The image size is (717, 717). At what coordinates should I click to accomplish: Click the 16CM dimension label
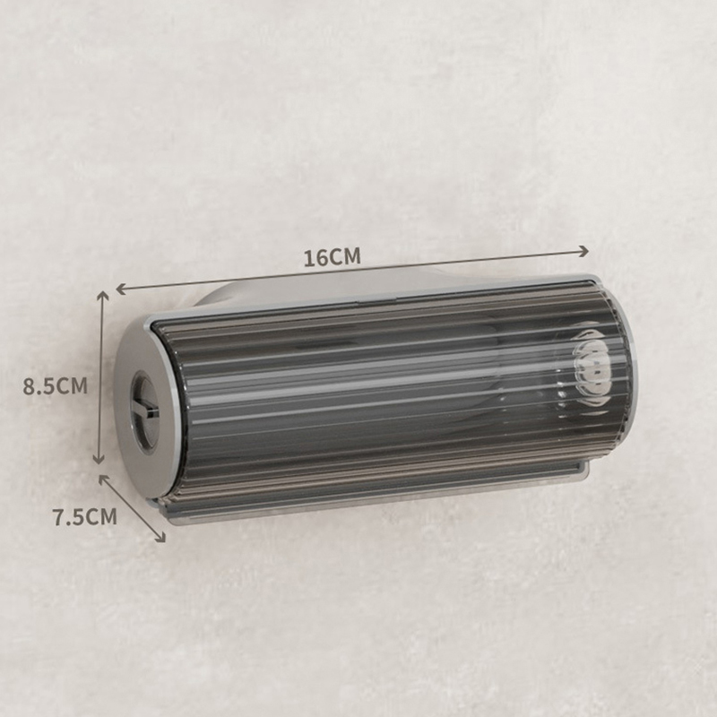pos(333,257)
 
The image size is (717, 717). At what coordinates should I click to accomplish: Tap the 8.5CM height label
pos(56,386)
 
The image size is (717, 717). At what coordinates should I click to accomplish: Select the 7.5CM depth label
pos(85,517)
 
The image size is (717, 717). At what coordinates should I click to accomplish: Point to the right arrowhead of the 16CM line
pos(584,251)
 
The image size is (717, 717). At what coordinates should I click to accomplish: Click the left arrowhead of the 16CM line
pos(121,289)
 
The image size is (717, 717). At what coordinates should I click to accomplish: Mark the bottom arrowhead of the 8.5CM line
pos(99,459)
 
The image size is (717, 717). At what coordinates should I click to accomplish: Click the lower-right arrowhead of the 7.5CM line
pos(160,537)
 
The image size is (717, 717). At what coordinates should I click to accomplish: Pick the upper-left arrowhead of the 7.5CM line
pos(104,479)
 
